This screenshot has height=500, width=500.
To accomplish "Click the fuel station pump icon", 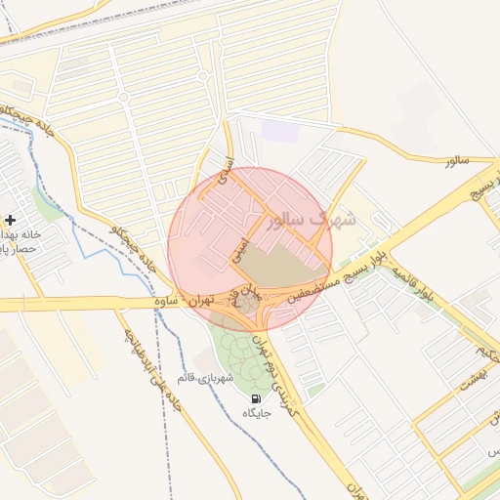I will point(256,398).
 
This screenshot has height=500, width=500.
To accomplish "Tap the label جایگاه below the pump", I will point(256,413).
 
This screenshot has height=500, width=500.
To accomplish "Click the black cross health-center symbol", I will point(10,220).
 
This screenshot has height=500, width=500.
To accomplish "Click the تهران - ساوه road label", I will point(186,303).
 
